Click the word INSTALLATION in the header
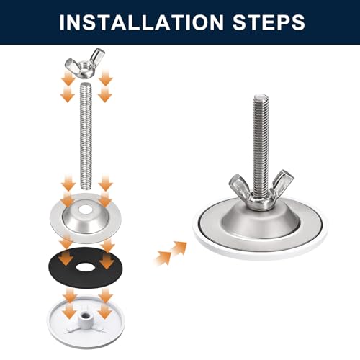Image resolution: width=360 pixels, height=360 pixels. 142,22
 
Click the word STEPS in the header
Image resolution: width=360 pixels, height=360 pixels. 269,22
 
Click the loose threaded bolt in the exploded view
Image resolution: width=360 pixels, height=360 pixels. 86,135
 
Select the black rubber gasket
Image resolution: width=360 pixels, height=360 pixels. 86,267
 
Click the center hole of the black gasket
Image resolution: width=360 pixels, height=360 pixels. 86,267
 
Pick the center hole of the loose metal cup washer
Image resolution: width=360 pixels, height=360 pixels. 86,210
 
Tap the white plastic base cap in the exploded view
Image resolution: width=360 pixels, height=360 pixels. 86,322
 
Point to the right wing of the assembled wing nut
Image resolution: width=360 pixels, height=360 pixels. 282,181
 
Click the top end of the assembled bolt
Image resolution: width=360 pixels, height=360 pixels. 261,97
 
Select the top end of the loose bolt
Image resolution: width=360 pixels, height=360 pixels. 86,84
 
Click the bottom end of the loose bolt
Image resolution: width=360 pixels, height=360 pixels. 86,187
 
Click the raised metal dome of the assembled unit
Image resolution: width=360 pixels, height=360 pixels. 261,222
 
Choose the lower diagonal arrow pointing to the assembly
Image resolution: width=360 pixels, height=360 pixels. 163,258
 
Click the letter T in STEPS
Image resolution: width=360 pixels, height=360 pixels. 256,22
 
